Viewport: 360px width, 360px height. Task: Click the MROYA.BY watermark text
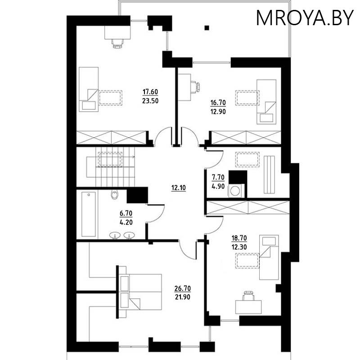click(305, 18)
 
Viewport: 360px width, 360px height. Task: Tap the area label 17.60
click(150, 92)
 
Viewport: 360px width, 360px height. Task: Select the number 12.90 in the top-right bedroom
click(218, 112)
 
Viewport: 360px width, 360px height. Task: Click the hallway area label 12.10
click(178, 188)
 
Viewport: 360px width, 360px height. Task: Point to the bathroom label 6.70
click(126, 213)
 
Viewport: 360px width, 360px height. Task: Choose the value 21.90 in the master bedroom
click(183, 297)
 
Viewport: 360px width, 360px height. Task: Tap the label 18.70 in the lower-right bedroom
click(239, 238)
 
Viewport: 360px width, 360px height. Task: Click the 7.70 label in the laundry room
click(218, 177)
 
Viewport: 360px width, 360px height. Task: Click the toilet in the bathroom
click(114, 195)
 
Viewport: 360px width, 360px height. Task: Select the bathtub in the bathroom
click(89, 215)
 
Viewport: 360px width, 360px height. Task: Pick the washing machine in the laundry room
click(235, 190)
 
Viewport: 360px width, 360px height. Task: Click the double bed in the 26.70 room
click(140, 292)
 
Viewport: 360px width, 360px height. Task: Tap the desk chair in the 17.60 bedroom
click(117, 44)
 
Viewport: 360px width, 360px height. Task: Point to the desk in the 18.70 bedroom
click(248, 307)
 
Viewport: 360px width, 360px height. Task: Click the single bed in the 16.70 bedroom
click(266, 102)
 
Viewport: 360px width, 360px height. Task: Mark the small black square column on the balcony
click(207, 28)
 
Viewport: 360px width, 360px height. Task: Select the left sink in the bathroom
click(115, 235)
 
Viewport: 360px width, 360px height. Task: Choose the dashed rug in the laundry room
click(247, 159)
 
